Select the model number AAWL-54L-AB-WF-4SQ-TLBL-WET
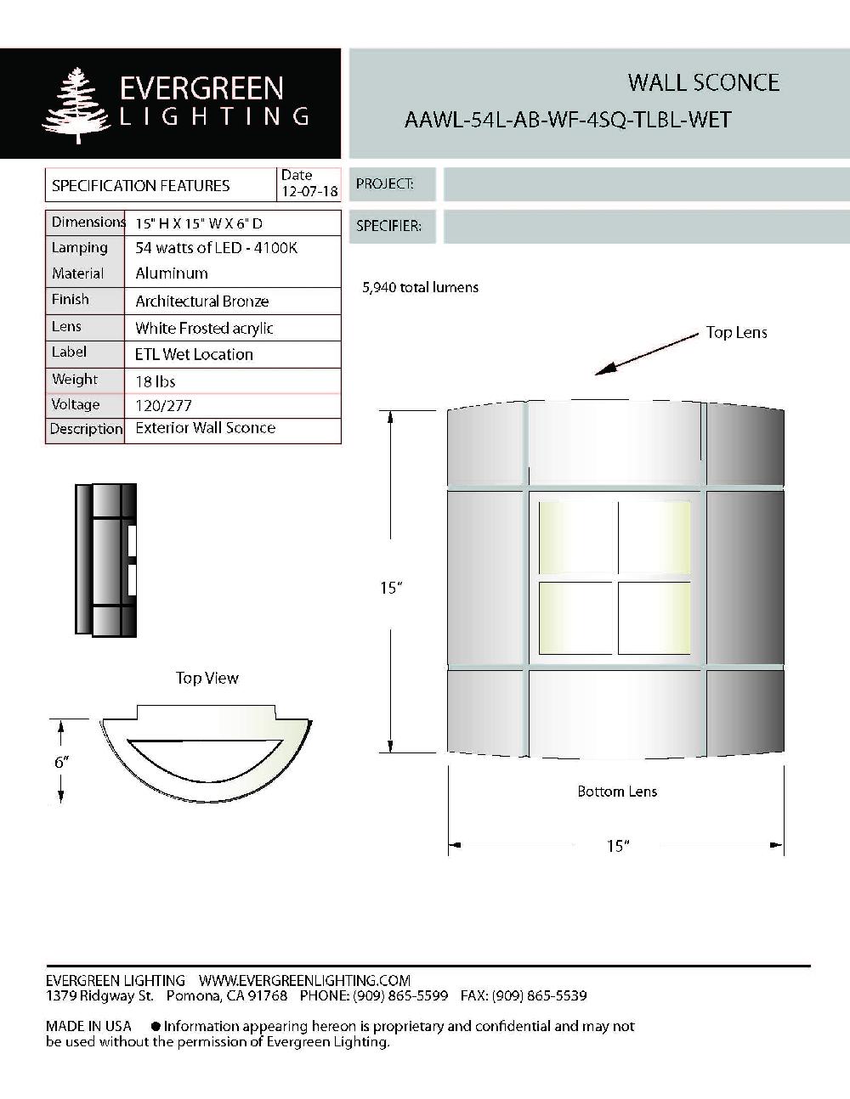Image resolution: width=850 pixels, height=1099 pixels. [x=567, y=120]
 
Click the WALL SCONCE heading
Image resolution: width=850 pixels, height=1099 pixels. [x=703, y=82]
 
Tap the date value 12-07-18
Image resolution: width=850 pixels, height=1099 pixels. [x=309, y=192]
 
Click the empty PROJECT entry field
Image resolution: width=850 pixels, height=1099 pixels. [x=646, y=184]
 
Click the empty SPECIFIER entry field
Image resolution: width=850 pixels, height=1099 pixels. [x=646, y=227]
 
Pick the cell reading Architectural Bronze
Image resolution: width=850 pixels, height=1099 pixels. [x=202, y=302]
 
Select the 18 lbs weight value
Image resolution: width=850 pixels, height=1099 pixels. [x=156, y=381]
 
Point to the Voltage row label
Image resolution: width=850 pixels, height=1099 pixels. [x=76, y=405]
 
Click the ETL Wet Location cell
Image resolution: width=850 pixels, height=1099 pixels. [x=194, y=354]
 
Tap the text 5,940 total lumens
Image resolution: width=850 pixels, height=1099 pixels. [x=420, y=288]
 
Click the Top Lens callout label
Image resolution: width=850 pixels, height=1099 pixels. [x=736, y=333]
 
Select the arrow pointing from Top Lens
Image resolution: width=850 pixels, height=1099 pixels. [x=646, y=353]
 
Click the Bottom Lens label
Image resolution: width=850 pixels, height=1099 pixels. [x=617, y=792]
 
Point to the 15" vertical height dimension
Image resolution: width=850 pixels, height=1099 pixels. [x=390, y=588]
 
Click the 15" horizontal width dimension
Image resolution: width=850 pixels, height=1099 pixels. [x=617, y=846]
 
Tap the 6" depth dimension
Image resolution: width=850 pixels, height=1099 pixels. [x=61, y=762]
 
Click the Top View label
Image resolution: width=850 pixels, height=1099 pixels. [x=207, y=678]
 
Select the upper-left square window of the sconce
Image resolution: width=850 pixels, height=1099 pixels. [x=575, y=537]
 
